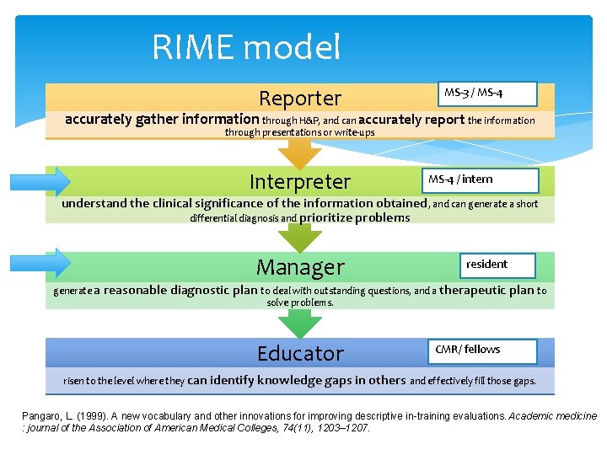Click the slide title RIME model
click(x=246, y=47)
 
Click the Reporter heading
click(x=300, y=98)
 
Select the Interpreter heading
click(x=300, y=181)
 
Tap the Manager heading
click(x=300, y=267)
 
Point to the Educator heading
click(x=300, y=353)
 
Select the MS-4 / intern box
click(x=480, y=179)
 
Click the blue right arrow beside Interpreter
click(x=40, y=181)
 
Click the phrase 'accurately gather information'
click(x=162, y=120)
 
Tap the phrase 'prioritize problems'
click(x=355, y=218)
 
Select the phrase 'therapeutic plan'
click(x=486, y=290)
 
